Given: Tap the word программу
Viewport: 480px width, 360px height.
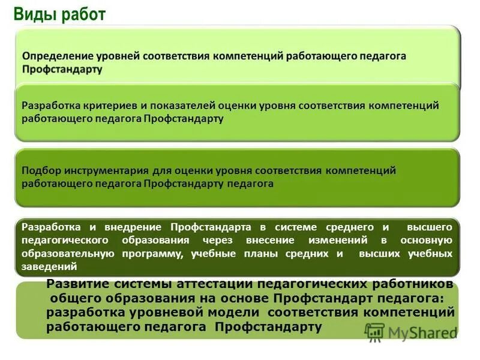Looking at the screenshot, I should [151, 254].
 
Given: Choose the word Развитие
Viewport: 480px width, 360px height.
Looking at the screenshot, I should [75, 284].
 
